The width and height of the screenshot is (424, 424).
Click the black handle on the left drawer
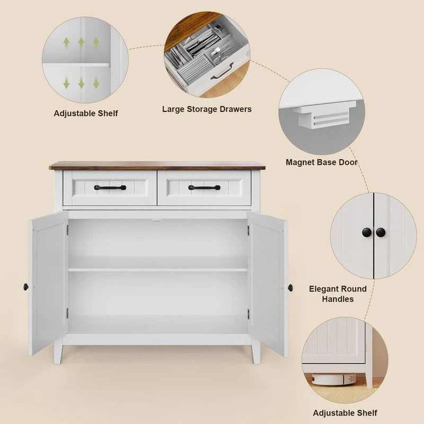(110, 187)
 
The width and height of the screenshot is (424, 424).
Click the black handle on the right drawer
(204, 187)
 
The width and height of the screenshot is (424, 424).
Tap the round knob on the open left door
(25, 287)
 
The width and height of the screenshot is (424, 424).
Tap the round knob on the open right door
(290, 287)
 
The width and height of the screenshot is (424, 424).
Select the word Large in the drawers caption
(174, 109)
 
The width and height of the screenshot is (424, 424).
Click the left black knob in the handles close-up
(367, 232)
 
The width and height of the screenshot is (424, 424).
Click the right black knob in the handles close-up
(381, 232)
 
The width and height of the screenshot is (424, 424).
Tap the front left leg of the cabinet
(58, 352)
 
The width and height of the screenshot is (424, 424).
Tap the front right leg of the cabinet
(256, 352)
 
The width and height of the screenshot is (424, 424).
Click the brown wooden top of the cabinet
(157, 165)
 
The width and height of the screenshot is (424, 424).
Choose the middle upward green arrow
(81, 43)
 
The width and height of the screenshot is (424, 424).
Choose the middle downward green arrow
(81, 82)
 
